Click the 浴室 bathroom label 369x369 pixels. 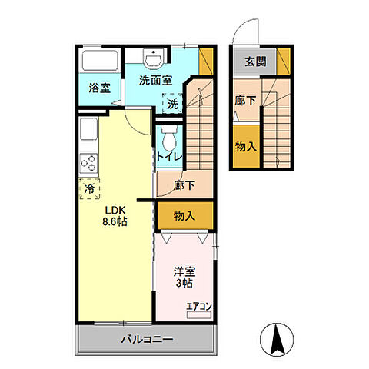click(100, 88)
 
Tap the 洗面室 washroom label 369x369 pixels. click(155, 81)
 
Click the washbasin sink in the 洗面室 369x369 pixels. click(153, 58)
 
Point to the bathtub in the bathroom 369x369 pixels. click(100, 60)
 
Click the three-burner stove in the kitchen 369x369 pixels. click(88, 163)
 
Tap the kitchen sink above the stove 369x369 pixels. click(88, 128)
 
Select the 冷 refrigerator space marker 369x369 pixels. click(89, 189)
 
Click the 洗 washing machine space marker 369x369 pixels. click(172, 103)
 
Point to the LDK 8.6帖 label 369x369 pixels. click(115, 216)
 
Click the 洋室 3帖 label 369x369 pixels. click(184, 277)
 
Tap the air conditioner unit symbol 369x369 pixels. click(199, 315)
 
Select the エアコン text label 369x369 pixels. click(199, 307)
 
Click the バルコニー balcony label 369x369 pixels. click(147, 340)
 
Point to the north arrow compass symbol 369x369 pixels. click(277, 339)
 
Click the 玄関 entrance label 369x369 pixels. click(255, 61)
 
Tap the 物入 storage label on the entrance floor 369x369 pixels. click(246, 147)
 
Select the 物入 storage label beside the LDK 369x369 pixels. click(184, 216)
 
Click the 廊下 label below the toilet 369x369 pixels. click(184, 185)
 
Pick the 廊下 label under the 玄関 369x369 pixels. click(245, 100)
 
